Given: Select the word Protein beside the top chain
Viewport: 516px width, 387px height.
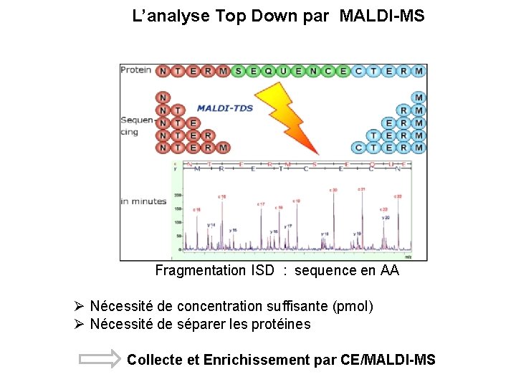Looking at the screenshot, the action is tap(136, 70).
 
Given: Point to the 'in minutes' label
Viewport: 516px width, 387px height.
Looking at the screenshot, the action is tap(143, 201).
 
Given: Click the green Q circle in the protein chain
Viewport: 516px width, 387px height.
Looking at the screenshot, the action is tap(269, 71).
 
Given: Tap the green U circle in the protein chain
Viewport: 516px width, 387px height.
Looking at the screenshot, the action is tap(284, 71).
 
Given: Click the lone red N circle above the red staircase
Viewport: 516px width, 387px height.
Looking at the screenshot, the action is tap(163, 97).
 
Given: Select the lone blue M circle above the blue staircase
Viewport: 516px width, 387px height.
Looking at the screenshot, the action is tap(419, 97).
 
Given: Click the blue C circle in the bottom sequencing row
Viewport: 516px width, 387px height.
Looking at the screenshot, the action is tap(358, 148).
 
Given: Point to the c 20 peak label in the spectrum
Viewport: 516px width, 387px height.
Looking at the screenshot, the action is tap(333, 190).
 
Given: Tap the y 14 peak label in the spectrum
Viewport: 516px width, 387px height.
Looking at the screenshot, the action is tap(211, 224).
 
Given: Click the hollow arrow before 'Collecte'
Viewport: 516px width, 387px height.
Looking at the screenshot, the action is tap(100, 359).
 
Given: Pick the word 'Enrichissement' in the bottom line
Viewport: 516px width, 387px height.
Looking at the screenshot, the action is tap(257, 359).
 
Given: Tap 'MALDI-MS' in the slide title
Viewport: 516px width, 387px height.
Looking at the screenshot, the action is tap(382, 15).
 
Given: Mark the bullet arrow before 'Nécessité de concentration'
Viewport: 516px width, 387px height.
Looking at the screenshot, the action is tap(80, 307).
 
